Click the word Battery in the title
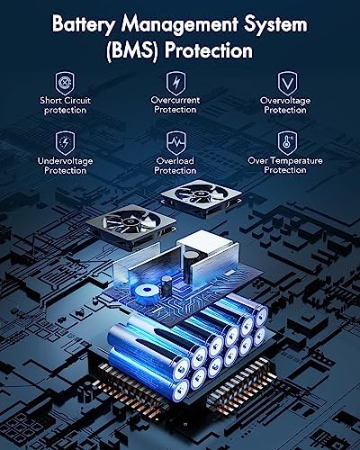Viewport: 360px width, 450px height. click(x=83, y=24)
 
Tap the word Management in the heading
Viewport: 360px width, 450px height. click(x=180, y=24)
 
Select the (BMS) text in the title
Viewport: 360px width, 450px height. click(x=132, y=50)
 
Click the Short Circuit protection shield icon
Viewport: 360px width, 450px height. click(x=65, y=82)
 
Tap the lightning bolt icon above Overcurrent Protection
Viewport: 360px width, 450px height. click(x=176, y=83)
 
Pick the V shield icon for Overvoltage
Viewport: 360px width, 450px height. click(x=287, y=83)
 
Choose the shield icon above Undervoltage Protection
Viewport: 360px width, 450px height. click(x=65, y=142)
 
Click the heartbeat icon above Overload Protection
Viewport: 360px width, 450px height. click(x=176, y=142)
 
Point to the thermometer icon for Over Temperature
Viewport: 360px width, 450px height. click(x=287, y=142)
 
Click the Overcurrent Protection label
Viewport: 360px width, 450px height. click(x=175, y=104)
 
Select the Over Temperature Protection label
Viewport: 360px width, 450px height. click(x=285, y=165)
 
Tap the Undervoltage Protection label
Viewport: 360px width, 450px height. click(x=65, y=166)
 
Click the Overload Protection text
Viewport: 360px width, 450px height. click(x=175, y=166)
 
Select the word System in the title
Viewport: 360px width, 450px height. click(x=275, y=24)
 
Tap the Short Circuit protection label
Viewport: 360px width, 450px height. click(x=65, y=105)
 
